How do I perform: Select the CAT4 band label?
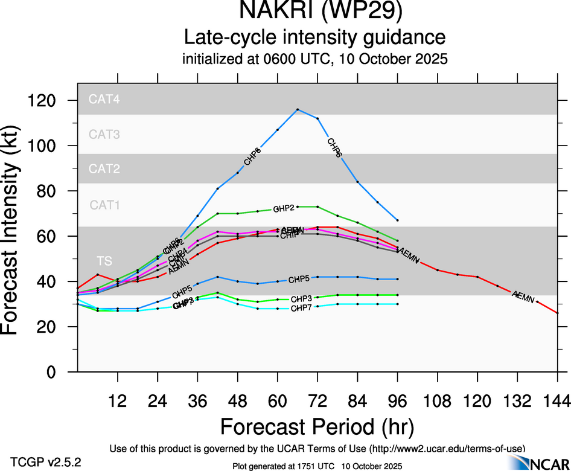104,100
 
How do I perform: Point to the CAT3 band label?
104,134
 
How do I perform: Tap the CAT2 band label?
104,168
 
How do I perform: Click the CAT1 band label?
104,205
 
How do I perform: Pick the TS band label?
104,261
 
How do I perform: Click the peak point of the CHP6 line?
298,109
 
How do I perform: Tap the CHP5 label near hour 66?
299,280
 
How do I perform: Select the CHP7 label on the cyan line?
301,309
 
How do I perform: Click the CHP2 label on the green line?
284,208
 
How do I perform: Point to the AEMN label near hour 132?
523,296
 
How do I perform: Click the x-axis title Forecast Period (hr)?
317,427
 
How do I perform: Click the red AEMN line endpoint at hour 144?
557,313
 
